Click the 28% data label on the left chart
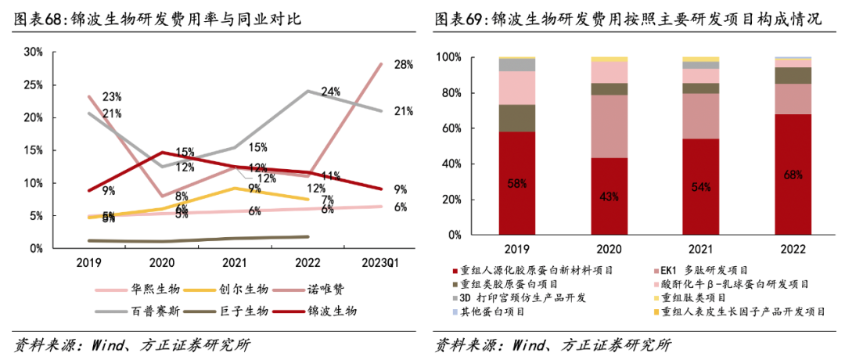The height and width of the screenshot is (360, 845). coord(403,65)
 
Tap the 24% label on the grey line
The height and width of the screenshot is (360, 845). coord(330,92)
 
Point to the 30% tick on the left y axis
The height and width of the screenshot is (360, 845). coord(34,52)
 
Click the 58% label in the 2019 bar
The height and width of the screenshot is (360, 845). coord(517,183)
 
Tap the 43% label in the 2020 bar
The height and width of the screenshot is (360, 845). coord(608,196)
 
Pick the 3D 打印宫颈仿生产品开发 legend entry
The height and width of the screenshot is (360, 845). coord(533,298)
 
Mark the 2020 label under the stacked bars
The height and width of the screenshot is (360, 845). coord(608,250)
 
